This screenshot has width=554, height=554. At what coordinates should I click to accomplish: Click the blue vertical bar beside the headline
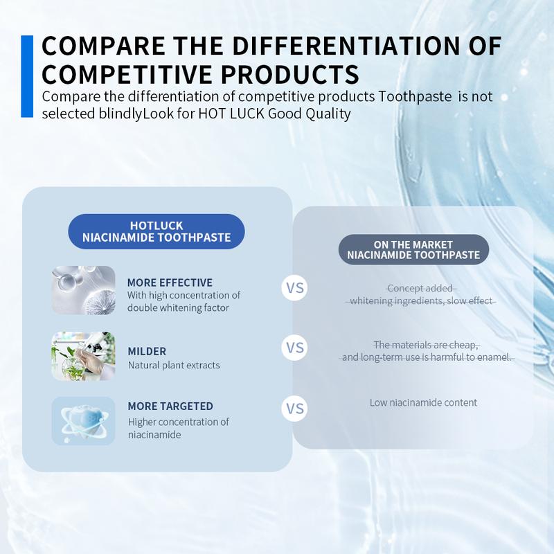[27, 76]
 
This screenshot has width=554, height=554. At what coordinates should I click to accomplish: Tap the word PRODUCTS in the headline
[290, 74]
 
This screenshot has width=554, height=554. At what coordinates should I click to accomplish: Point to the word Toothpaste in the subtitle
[415, 97]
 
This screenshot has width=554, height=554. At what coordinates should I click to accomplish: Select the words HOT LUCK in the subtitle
[231, 114]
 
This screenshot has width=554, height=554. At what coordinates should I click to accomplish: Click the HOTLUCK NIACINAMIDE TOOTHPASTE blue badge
[157, 231]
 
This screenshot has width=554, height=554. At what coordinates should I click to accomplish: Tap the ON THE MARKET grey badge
[413, 249]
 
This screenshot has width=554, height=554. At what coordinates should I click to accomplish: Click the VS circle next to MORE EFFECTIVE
[295, 288]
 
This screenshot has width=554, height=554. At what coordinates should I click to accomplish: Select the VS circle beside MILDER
[295, 348]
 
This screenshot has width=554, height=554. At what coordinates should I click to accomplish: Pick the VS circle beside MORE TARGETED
[295, 409]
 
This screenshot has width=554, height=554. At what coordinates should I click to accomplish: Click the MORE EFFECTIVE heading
[170, 283]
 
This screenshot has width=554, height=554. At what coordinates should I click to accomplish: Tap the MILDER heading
[147, 351]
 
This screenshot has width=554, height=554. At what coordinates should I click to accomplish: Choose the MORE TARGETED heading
[170, 406]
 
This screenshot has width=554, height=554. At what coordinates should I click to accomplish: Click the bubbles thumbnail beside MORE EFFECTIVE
[83, 290]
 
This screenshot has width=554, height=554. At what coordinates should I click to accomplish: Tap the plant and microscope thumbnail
[83, 356]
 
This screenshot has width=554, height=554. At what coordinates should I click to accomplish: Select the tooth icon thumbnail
[83, 421]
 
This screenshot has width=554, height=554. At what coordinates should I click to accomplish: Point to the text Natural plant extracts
[174, 365]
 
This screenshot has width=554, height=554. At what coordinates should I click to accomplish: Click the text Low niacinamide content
[423, 402]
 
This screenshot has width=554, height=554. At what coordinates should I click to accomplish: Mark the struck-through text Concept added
[420, 288]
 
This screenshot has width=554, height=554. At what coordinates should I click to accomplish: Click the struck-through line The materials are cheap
[426, 344]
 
